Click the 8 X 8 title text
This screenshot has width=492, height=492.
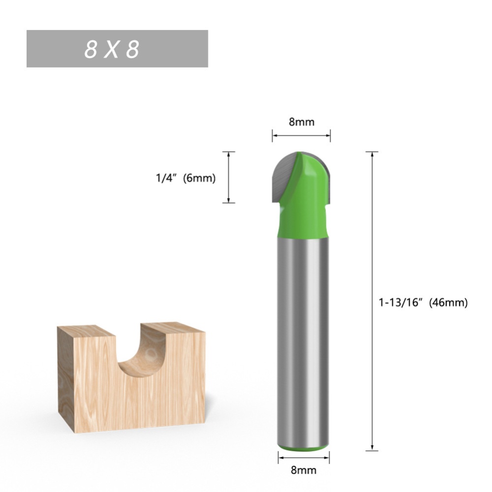pyautogui.click(x=112, y=50)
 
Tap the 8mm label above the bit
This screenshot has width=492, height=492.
pyautogui.click(x=301, y=122)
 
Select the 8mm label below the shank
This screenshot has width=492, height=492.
pyautogui.click(x=303, y=470)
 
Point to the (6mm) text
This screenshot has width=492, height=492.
pyautogui.click(x=199, y=179)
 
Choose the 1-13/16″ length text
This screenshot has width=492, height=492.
pyautogui.click(x=401, y=303)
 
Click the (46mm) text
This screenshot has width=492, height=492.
pyautogui.click(x=448, y=303)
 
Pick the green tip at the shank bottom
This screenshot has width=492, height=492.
pyautogui.click(x=302, y=447)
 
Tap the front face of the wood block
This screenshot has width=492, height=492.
pyautogui.click(x=162, y=399)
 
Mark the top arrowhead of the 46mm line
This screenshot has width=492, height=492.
pyautogui.click(x=372, y=154)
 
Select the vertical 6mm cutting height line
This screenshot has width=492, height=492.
pyautogui.click(x=228, y=177)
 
